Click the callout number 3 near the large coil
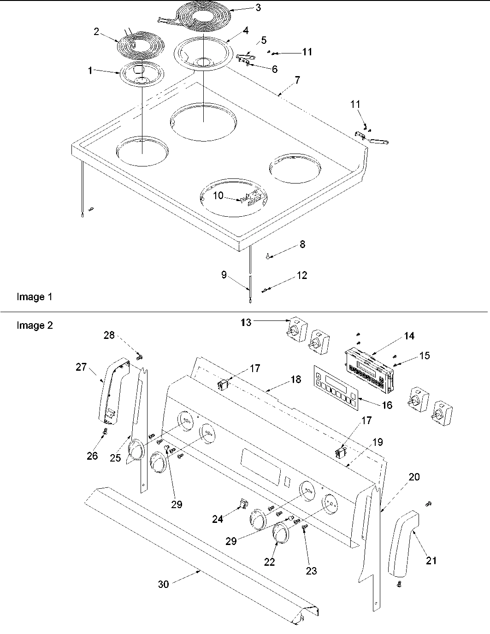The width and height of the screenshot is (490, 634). [x=258, y=7]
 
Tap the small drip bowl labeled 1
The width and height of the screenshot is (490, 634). [x=138, y=74]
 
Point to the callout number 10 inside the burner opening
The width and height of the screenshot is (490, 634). [x=218, y=196]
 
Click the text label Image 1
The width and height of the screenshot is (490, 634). [x=35, y=297]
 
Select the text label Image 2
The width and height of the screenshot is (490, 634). [x=35, y=326]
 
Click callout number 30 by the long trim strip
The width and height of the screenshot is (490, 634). [x=164, y=584]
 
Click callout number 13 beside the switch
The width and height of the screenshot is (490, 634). [x=246, y=322]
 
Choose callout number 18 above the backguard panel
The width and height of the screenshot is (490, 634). [x=295, y=379]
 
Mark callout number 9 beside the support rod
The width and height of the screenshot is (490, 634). [x=224, y=275]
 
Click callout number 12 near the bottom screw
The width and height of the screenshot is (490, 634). [x=302, y=276]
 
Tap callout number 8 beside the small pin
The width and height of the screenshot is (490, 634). [x=302, y=244]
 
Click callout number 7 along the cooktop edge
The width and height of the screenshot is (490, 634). [x=297, y=80]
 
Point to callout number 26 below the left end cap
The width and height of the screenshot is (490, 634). [x=92, y=456]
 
